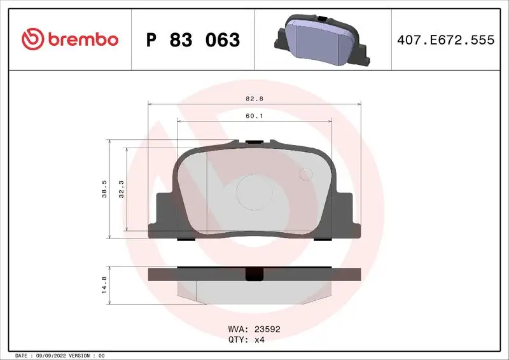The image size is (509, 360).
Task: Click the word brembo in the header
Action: pos(81,39)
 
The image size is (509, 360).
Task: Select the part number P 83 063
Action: pos(193,40)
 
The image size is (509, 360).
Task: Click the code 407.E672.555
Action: pos(445,40)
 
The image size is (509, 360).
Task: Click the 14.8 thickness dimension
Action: pos(104,282)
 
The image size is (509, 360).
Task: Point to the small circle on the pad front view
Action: pos(307,174)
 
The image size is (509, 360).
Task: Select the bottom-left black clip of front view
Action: pos(186,240)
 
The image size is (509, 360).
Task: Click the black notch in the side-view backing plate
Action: pos(254,275)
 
